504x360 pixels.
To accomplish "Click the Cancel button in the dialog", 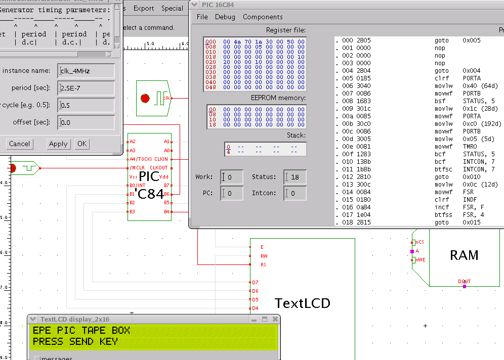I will [x=19, y=144].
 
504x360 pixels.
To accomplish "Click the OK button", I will [x=82, y=144].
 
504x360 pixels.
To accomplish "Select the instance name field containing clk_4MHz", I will [x=86, y=71].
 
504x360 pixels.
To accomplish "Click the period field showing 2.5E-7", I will [x=86, y=88].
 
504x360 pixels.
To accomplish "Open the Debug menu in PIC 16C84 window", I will [x=225, y=17].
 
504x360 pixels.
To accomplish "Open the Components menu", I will [x=263, y=17].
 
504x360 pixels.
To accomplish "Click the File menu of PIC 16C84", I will [x=202, y=17].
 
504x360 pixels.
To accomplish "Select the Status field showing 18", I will [x=295, y=177].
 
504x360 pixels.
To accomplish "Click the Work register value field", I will [x=232, y=177].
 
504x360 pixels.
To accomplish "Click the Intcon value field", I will [x=295, y=193].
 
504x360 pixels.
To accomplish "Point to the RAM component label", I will [x=464, y=255].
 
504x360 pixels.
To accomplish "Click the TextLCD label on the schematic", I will [x=302, y=303].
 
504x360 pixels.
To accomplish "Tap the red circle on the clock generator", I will [x=145, y=98].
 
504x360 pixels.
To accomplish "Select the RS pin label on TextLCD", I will [x=263, y=264].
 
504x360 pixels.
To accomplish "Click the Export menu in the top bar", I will [x=144, y=8].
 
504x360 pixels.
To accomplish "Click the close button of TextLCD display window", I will [x=275, y=319].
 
